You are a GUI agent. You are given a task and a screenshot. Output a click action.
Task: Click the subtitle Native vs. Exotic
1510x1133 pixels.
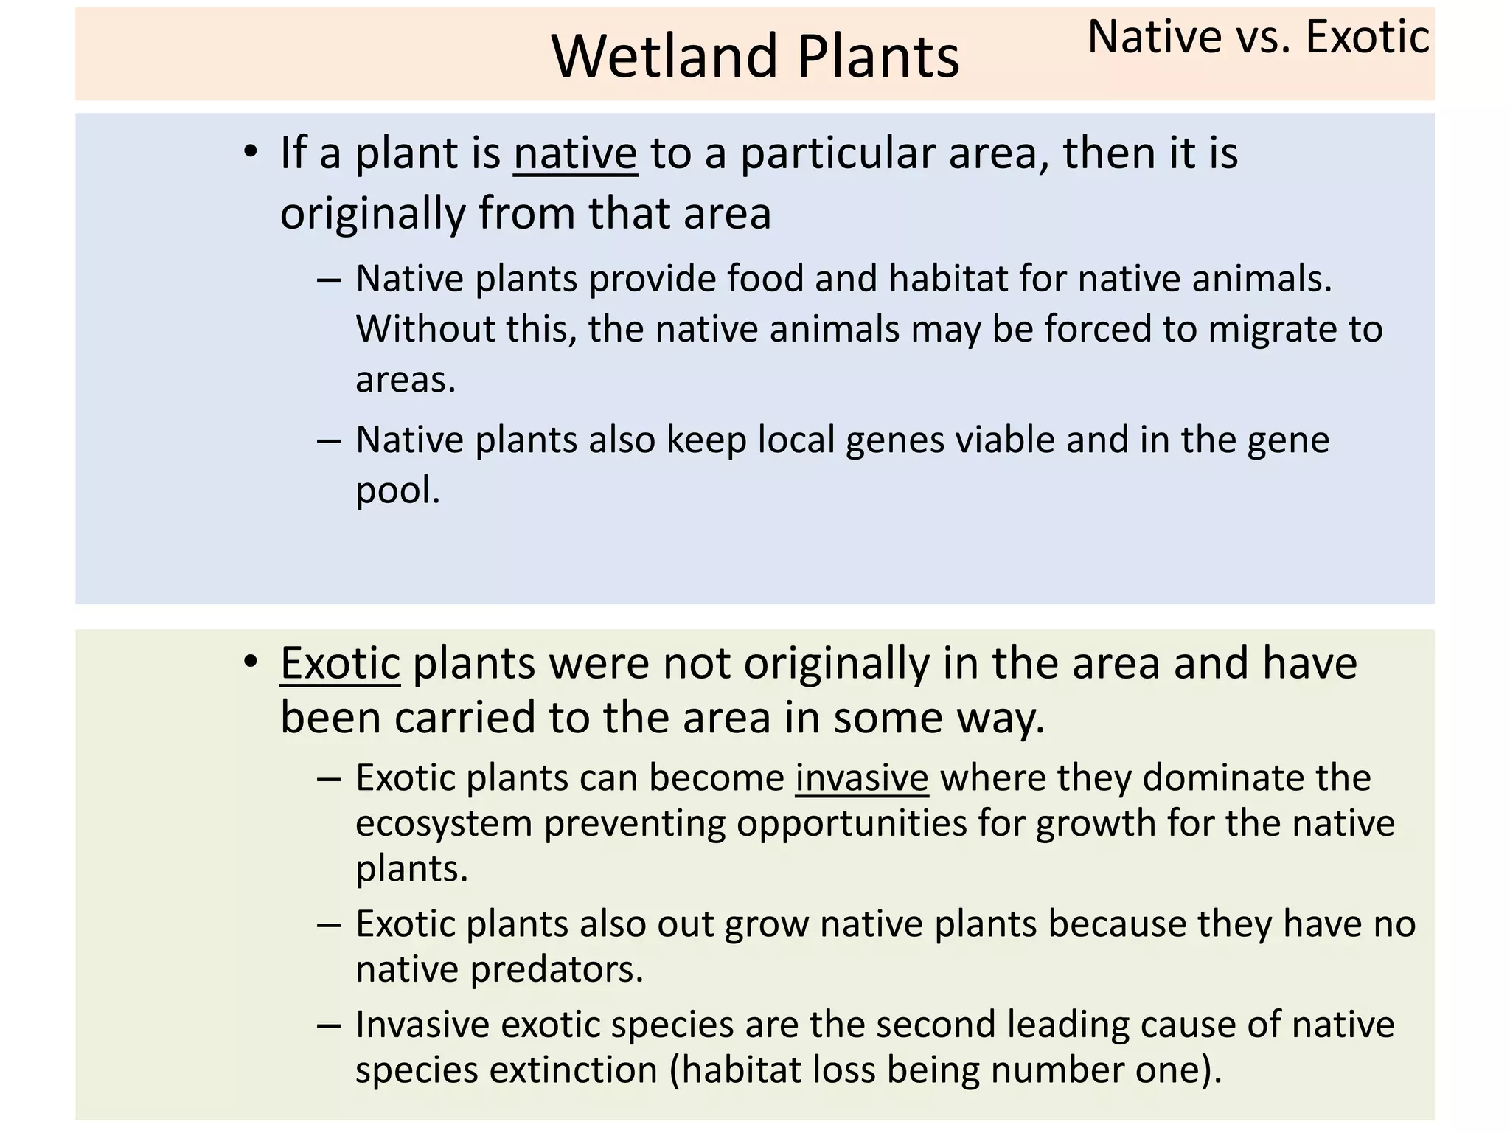(x=1258, y=37)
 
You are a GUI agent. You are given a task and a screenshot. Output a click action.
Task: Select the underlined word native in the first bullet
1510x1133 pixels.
(x=575, y=153)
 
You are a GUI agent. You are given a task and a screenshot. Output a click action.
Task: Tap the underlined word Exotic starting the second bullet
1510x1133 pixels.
(x=340, y=663)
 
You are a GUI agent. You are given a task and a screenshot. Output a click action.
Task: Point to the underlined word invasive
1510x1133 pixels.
(x=861, y=777)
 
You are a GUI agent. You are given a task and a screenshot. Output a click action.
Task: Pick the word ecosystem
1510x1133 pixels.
(x=443, y=823)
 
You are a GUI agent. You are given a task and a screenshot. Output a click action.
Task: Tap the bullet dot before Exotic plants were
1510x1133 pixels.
(x=251, y=662)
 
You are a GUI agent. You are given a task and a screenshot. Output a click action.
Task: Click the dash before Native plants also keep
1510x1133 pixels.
(x=328, y=441)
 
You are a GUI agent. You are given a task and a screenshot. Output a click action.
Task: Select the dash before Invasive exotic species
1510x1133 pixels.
(x=328, y=1025)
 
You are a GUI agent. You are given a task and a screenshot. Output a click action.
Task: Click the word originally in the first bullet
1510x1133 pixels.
(x=372, y=214)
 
